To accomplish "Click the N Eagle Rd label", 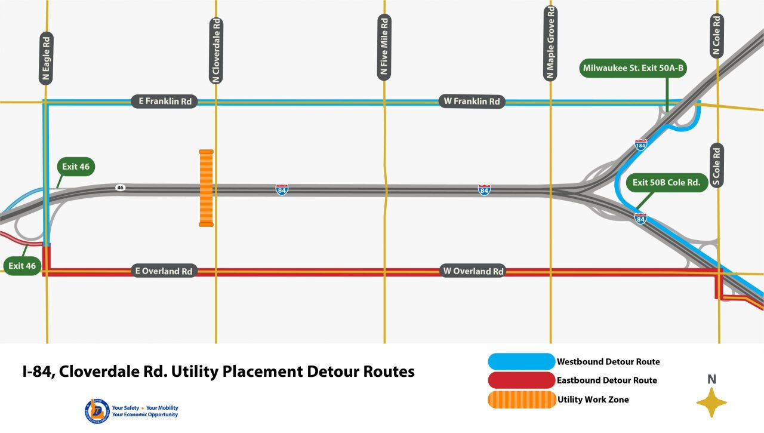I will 47,58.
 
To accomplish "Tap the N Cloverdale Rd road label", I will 216,51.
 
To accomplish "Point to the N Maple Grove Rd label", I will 550,43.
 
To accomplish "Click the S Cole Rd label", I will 717,165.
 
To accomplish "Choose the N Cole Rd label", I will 717,36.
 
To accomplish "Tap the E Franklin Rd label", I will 165,102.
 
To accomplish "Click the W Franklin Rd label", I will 472,102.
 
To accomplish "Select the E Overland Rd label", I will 164,271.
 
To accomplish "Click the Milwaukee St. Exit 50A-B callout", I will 633,69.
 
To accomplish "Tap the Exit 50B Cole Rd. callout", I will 667,182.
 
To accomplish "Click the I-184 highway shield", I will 640,145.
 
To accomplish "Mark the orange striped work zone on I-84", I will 206,188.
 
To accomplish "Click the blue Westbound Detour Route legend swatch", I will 521,361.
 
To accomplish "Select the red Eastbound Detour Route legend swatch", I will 521,380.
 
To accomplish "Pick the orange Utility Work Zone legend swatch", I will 521,400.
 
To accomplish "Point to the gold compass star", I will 711,402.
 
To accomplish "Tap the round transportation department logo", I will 97,411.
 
